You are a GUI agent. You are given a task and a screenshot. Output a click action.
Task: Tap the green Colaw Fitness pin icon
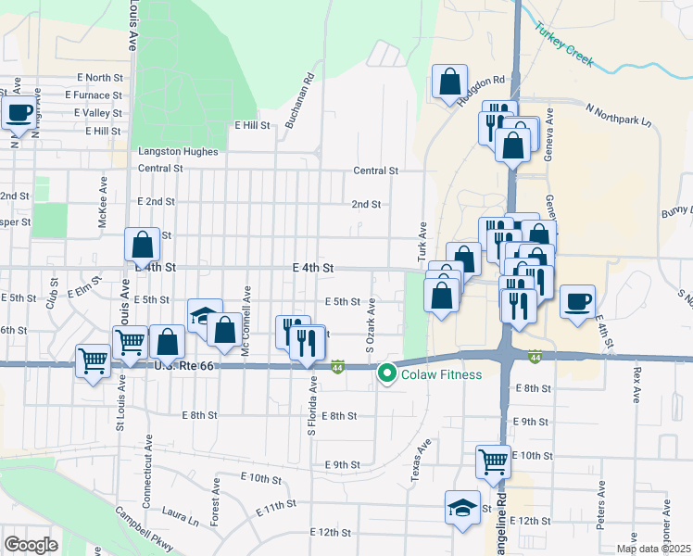(387, 374)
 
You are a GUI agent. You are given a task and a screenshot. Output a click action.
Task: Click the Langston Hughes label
(178, 151)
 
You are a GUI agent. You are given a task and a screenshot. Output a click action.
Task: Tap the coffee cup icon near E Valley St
(19, 113)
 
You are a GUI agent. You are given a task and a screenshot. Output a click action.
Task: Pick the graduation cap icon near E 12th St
(462, 507)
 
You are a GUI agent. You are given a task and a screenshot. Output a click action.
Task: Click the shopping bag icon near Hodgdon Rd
(449, 81)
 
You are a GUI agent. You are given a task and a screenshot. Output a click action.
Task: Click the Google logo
(31, 545)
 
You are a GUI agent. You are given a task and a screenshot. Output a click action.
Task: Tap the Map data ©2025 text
(652, 549)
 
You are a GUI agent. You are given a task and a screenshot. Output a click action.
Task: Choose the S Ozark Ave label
(370, 325)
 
